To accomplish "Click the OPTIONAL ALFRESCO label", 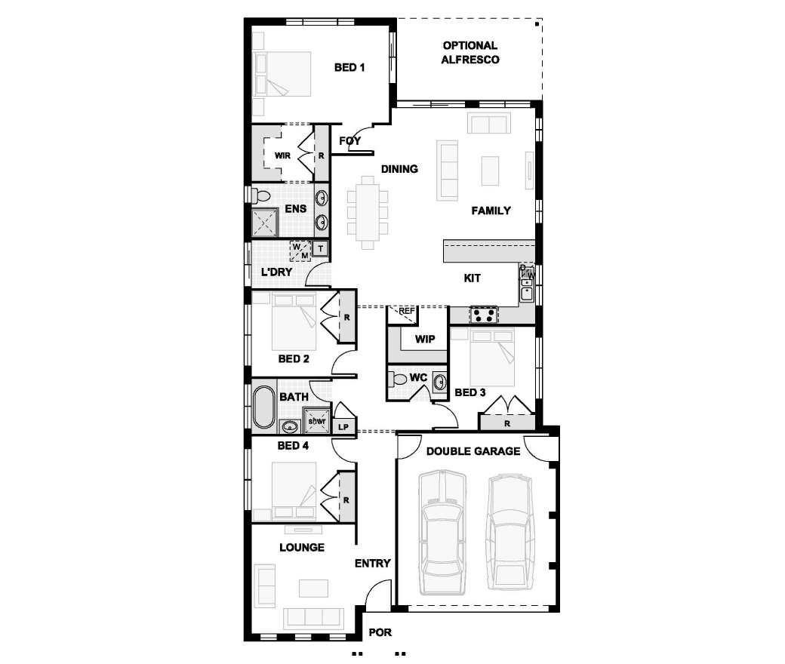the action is pos(470,53).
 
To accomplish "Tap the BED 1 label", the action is pos(349,67).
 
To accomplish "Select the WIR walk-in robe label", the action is pos(282,155).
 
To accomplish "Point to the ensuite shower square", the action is pos(264,223).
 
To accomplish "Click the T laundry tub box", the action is pos(320,248).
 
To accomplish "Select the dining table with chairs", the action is pos(368,212).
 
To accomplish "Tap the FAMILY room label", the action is pos(491,211).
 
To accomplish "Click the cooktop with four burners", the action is pos(484,315).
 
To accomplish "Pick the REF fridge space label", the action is pos(407,311).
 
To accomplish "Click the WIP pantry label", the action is pos(425,340).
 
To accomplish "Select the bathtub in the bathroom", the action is pos(264,406).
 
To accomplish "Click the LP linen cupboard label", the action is pos(343,427).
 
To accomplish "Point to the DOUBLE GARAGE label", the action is pos(473,451).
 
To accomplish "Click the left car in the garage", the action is pos(442,532).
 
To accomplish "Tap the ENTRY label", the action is pos(372,564).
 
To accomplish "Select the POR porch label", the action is pos(380,632).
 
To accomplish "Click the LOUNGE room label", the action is pos(302,547).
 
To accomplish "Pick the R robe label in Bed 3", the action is pos(507,424).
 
